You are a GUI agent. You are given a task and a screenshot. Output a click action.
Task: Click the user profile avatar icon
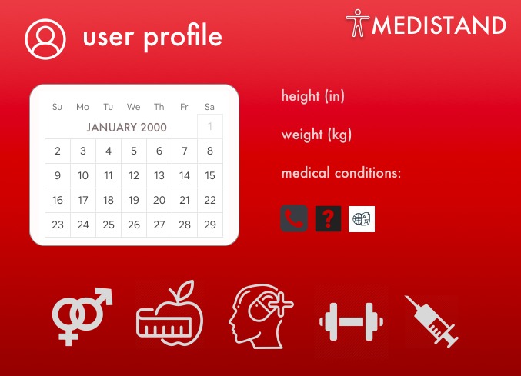click(45, 38)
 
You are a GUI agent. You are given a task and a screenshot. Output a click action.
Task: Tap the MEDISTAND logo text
click(439, 25)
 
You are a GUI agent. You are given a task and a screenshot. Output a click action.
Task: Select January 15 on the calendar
click(210, 175)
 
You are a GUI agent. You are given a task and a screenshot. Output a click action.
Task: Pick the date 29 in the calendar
click(210, 225)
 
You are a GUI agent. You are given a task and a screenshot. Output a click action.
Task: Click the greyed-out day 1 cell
click(210, 126)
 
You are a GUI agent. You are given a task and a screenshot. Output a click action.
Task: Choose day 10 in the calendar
click(83, 175)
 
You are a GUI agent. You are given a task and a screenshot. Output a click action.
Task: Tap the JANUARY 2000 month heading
click(126, 127)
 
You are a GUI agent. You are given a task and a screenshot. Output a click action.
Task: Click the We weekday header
click(134, 107)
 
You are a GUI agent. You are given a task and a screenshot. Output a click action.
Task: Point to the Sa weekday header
click(210, 107)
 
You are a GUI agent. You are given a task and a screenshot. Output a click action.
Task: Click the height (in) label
click(313, 96)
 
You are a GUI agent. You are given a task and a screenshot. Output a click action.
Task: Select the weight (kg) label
click(316, 135)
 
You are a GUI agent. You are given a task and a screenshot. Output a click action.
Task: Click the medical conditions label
click(341, 173)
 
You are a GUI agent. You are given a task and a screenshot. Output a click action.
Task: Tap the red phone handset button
click(294, 218)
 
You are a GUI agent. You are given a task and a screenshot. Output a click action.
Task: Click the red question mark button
click(328, 218)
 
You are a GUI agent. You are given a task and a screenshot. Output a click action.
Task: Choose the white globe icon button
click(362, 218)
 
